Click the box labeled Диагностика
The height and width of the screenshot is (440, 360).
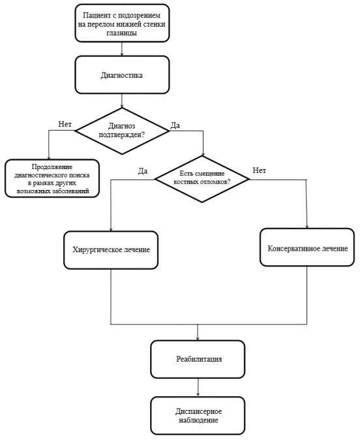pos(122,74)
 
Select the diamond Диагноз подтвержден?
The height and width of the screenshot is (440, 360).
pos(122,131)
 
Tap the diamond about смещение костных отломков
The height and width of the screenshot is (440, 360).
pos(202,179)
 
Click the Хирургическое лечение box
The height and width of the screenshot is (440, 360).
pos(111,250)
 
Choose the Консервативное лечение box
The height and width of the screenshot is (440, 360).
pos(307,247)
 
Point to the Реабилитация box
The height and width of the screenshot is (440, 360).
pos(198,359)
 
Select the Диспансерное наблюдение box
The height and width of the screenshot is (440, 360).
pos(198,416)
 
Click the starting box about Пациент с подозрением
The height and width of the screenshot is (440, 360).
pos(122,23)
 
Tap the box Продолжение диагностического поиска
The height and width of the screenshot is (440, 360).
pos(52,178)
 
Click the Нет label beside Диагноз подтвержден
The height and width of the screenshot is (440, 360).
pos(65,124)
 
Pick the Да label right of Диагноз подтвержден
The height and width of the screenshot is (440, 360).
pos(175,125)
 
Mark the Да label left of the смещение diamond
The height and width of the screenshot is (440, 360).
pos(143,171)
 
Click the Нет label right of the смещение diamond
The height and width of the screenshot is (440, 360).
pos(260,170)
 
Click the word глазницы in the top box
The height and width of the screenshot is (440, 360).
pos(122,33)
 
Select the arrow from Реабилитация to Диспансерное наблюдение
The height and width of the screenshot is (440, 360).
pos(198,387)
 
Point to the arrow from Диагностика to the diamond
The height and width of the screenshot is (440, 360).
pos(122,101)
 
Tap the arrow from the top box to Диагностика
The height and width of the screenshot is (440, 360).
pos(122,49)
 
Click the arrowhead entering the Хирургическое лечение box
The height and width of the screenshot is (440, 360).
pos(111,229)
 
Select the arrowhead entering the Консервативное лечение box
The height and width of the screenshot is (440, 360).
pos(307,226)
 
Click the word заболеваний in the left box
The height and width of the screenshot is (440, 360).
pos(71,191)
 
